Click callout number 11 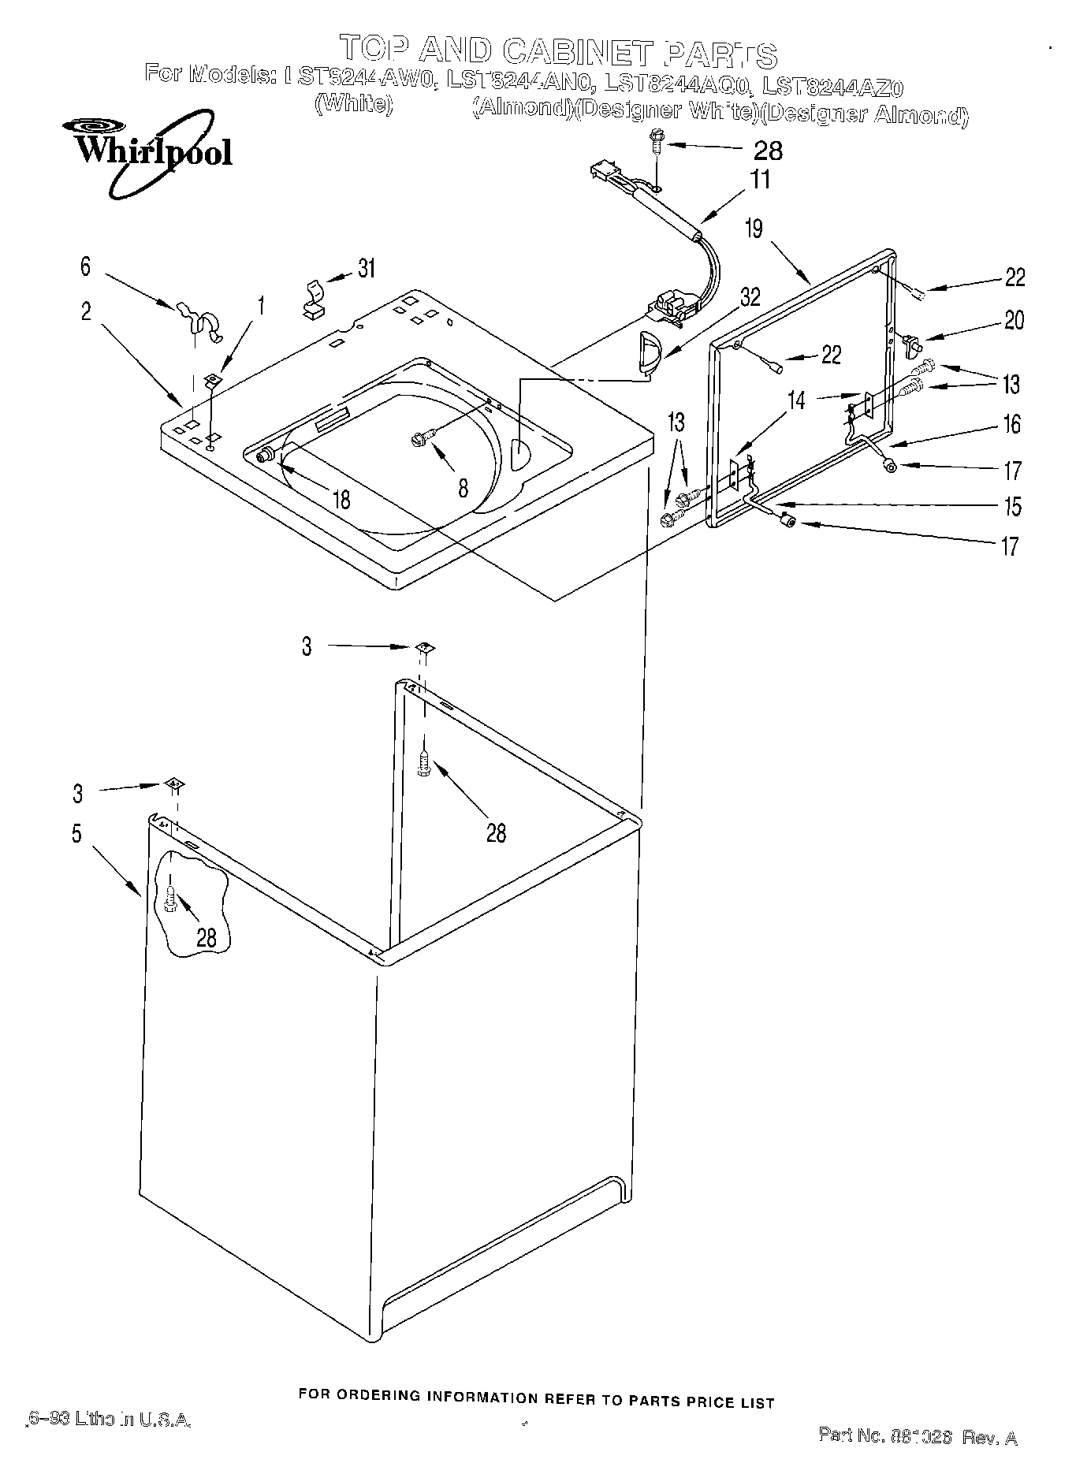(759, 179)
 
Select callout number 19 (754, 229)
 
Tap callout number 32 (750, 297)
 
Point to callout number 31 (366, 269)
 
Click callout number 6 (86, 266)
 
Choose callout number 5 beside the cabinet (76, 833)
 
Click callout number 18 (341, 499)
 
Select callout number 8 (464, 488)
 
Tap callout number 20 (1014, 320)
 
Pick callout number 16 (1011, 425)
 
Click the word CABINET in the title (577, 52)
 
